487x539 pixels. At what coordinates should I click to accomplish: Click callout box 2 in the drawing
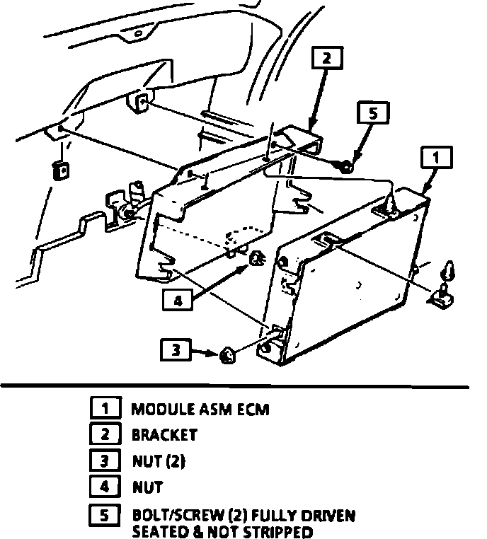[x=327, y=58]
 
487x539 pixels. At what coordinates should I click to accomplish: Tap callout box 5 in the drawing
[x=373, y=112]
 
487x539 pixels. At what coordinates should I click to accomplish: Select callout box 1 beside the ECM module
[x=436, y=158]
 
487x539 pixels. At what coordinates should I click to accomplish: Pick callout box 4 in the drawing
[x=178, y=301]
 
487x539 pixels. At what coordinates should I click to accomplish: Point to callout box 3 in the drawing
[x=176, y=350]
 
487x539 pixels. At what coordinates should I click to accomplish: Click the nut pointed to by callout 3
[x=227, y=355]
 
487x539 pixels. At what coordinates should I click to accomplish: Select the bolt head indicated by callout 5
[x=345, y=167]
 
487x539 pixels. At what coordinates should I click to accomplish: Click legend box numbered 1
[x=105, y=407]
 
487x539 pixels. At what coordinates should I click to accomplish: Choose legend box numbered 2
[x=105, y=434]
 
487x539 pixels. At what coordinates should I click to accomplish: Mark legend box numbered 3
[x=105, y=460]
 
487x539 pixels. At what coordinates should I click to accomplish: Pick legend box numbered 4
[x=105, y=487]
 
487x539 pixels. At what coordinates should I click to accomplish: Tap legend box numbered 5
[x=105, y=515]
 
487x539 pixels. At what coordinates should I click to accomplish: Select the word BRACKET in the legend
[x=165, y=435]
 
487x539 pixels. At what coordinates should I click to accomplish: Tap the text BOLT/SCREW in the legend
[x=178, y=516]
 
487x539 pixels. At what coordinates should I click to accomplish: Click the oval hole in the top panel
[x=138, y=33]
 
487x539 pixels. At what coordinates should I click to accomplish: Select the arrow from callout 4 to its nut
[x=220, y=282]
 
